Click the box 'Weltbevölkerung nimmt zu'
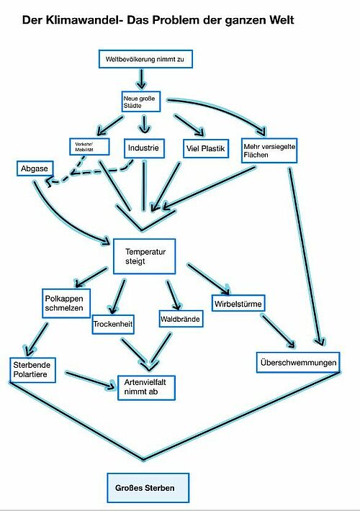(145, 59)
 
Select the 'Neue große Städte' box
(141, 101)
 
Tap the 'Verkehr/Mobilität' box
(90, 147)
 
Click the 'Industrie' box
(144, 148)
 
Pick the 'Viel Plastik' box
(206, 148)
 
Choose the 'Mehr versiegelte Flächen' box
(269, 150)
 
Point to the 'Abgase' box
(35, 168)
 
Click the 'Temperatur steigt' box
(145, 256)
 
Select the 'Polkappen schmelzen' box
(66, 303)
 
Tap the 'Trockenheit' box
(113, 324)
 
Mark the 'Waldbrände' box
(180, 319)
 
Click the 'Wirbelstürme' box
(238, 304)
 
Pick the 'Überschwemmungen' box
(298, 363)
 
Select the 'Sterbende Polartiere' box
(32, 370)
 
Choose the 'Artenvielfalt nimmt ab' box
(146, 387)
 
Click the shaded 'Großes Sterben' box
(148, 488)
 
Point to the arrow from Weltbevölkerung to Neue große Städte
(141, 78)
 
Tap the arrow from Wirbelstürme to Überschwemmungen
(279, 331)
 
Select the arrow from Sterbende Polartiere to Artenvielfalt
(91, 380)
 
